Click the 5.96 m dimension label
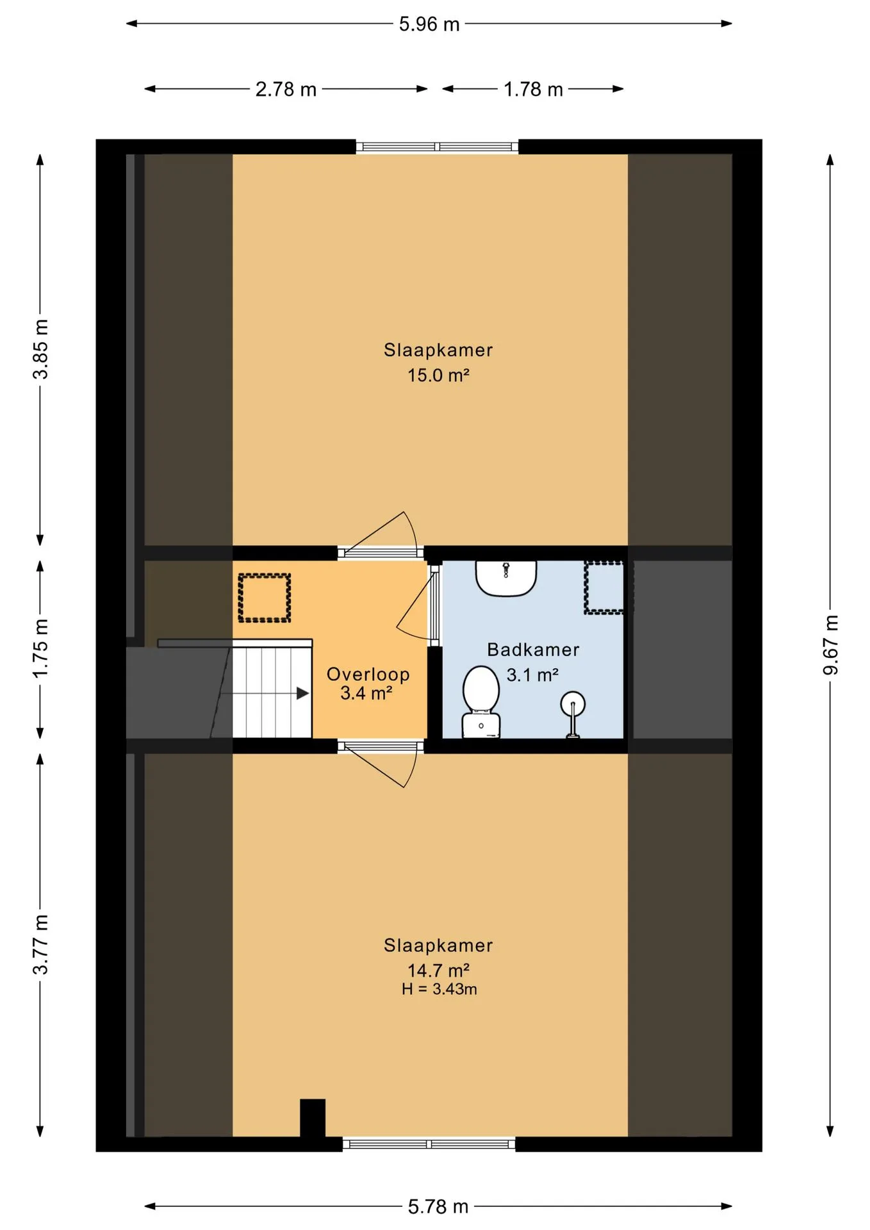[429, 24]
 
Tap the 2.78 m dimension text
[286, 89]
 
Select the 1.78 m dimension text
[533, 89]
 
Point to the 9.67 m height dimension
[830, 644]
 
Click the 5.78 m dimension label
[438, 1207]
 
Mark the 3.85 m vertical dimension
[40, 349]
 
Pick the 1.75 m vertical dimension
[40, 648]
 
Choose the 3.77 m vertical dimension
[40, 944]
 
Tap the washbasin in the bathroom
[506, 578]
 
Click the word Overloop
[368, 674]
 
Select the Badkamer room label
[533, 650]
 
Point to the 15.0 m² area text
[438, 375]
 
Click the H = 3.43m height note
[439, 989]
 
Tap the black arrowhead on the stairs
[303, 693]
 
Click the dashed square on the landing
[265, 598]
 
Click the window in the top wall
[437, 147]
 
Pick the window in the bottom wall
[429, 1144]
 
